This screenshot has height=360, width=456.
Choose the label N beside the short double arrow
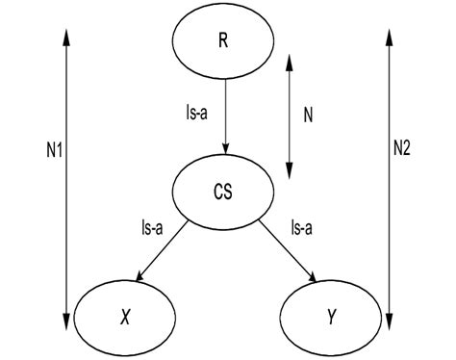click(308, 115)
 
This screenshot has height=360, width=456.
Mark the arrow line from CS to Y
click(286, 247)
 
